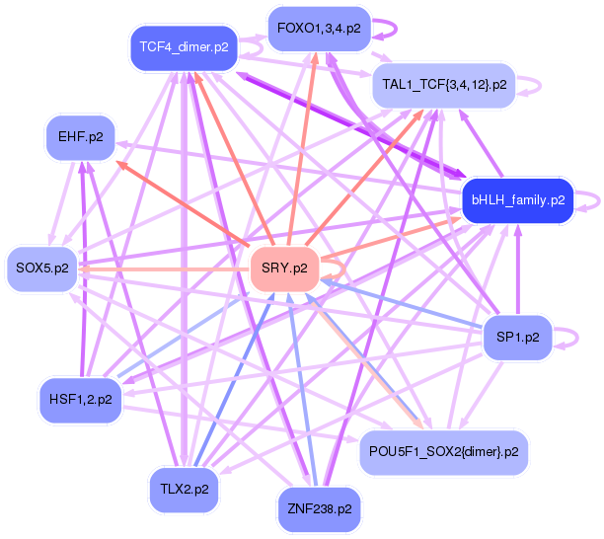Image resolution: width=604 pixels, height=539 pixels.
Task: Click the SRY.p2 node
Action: point(284,268)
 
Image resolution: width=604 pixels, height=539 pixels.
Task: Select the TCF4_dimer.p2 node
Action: point(184,46)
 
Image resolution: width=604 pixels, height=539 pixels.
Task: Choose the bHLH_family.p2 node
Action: point(517,199)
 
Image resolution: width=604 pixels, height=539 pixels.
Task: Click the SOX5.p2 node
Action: point(42,268)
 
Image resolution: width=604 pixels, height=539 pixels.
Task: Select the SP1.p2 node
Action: point(517,338)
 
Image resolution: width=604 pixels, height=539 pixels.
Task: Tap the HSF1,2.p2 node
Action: point(79,399)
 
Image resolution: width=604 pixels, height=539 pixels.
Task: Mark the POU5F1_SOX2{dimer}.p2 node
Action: point(443,451)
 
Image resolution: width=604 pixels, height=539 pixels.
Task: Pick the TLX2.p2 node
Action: point(184,488)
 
